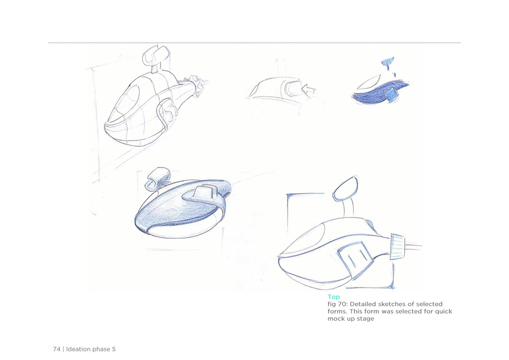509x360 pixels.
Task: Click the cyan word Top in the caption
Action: point(333,297)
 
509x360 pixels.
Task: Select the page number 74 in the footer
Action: point(56,349)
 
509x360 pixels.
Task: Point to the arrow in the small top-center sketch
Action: point(308,89)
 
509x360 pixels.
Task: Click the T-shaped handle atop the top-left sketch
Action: point(155,57)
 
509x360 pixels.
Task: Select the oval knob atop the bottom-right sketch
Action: point(345,188)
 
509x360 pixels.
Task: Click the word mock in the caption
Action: point(334,319)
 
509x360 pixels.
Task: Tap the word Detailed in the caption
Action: point(362,304)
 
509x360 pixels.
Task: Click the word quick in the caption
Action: point(443,312)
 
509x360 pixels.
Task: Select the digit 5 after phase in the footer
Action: point(114,349)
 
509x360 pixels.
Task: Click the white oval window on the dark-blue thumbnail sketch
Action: point(369,82)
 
